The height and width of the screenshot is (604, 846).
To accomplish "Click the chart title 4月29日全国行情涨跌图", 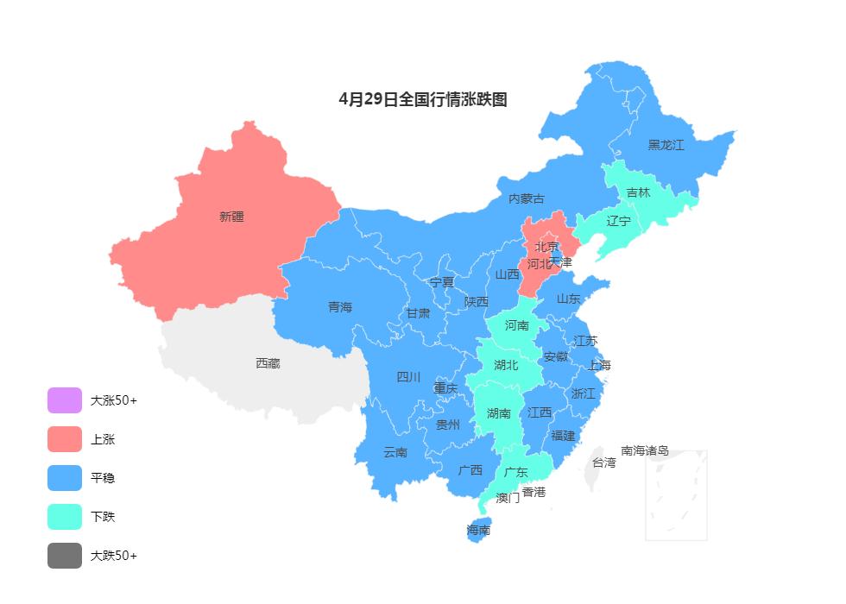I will tap(423, 99).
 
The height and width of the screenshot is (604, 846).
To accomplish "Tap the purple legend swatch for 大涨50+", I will tap(65, 400).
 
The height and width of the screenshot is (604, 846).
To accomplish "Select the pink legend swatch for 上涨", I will tap(65, 439).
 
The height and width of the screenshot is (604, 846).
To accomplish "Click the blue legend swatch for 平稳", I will tap(65, 478).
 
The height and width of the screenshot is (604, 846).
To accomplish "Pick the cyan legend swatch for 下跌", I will tap(65, 517).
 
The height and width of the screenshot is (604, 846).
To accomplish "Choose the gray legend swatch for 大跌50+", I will tap(65, 556).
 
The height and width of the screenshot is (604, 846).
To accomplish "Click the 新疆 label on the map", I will tap(231, 217).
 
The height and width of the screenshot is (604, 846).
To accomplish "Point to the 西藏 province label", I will tap(268, 363).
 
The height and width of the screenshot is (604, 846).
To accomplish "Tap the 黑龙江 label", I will tap(666, 145).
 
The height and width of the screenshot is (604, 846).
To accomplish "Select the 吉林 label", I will tap(638, 192).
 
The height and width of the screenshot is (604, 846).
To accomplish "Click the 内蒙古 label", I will tap(527, 198).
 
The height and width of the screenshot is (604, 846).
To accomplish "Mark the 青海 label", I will tap(340, 307).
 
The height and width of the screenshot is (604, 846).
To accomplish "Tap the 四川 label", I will tap(408, 377).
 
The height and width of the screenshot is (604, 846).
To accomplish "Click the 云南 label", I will tap(395, 452).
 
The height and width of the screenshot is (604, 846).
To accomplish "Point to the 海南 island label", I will tap(478, 530).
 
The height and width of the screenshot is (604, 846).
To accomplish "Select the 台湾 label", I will tap(603, 462).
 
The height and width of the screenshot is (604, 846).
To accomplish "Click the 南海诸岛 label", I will tap(645, 450).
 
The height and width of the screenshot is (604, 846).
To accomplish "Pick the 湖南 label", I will tap(499, 413).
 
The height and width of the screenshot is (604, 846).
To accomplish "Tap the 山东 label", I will tap(568, 299).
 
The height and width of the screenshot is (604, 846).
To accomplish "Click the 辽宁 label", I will tap(618, 221).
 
